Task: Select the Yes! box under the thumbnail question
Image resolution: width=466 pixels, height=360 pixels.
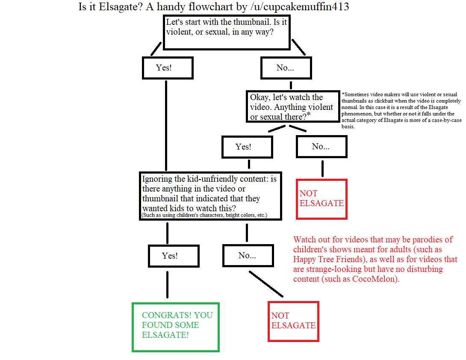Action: pos(168,68)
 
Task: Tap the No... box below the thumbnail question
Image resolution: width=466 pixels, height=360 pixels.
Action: pos(286,68)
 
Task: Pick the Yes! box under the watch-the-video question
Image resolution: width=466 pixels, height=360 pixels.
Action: pos(247,147)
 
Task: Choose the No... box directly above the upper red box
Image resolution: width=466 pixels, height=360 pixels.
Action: pos(321,147)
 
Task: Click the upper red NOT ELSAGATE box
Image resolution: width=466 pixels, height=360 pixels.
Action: pos(321,199)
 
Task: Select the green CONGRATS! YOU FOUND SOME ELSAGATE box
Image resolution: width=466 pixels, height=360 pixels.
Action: pos(176,327)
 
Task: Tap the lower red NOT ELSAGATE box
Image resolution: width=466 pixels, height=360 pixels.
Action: pos(293,321)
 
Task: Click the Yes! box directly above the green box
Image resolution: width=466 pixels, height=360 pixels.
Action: pos(173,256)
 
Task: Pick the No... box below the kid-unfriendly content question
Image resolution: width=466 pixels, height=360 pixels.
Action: pos(248,256)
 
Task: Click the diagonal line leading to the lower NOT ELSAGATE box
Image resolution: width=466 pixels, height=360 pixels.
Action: pos(266,283)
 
